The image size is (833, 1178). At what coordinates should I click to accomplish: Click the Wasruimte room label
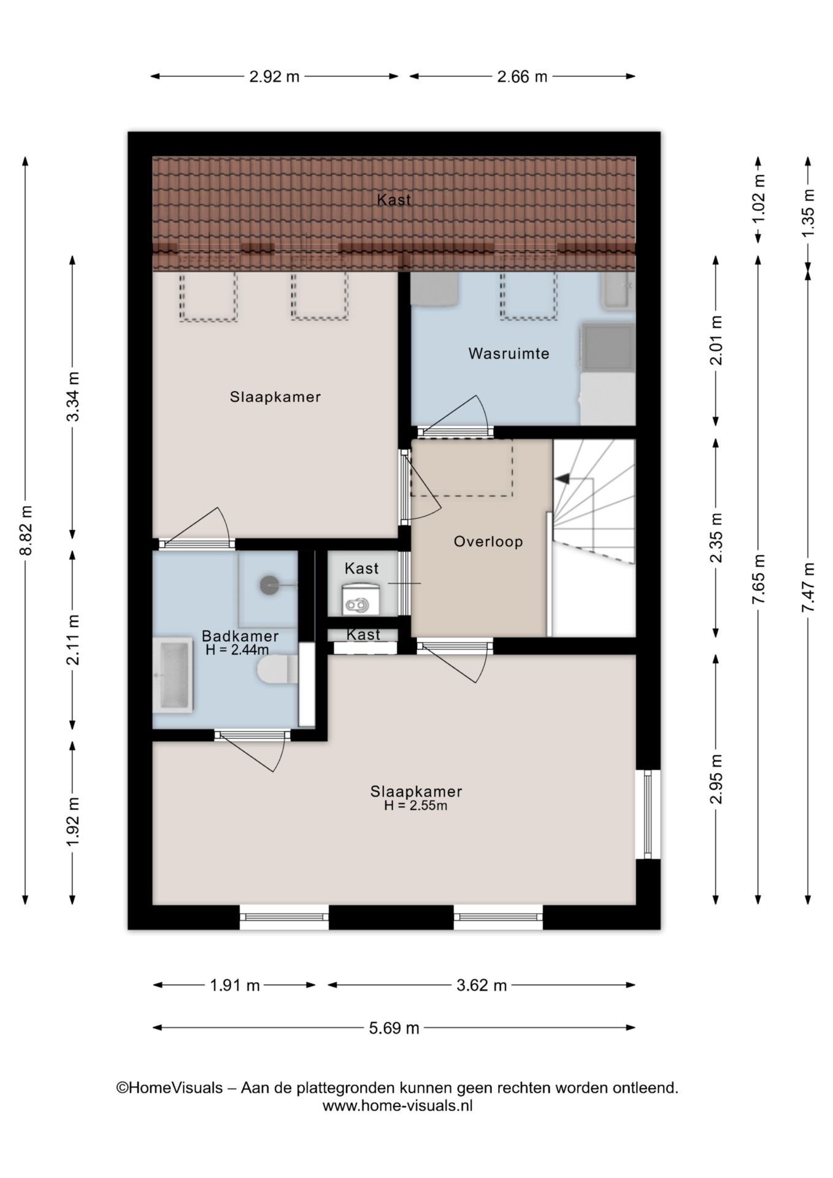509,353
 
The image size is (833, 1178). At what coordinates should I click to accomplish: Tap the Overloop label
488,542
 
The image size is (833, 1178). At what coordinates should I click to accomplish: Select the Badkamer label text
240,636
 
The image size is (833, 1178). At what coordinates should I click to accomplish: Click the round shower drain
269,585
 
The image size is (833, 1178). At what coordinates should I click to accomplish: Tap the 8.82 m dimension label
26,530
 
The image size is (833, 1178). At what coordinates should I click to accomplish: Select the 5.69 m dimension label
394,1028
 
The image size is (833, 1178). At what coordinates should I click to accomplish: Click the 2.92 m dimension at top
274,77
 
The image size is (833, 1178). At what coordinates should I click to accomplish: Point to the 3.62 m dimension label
482,985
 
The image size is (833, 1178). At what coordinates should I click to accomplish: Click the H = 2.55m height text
416,806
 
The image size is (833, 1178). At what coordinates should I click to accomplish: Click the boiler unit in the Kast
361,598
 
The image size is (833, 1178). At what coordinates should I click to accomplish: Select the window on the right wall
648,814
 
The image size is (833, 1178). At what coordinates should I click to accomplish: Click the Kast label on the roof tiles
394,199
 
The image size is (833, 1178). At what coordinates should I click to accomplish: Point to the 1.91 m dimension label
235,985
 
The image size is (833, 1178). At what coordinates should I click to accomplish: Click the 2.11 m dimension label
73,639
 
